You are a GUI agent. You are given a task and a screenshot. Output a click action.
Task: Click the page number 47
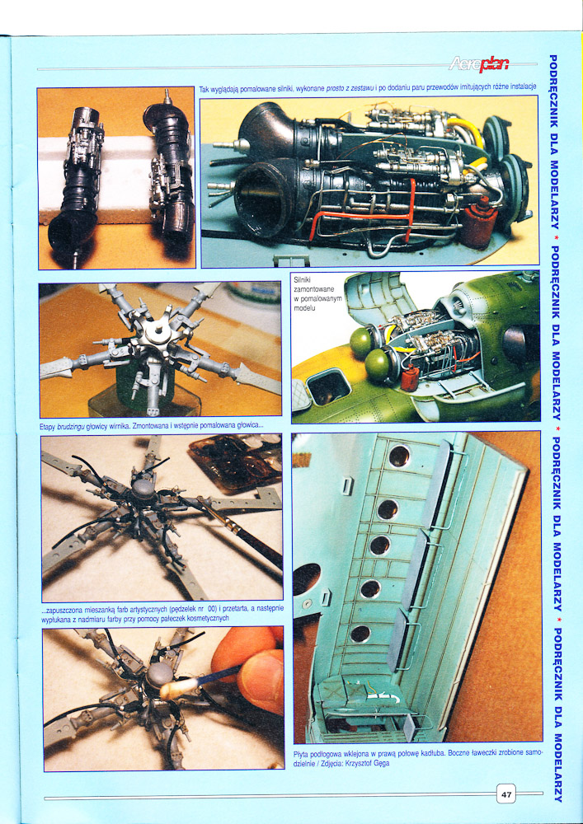click(506, 795)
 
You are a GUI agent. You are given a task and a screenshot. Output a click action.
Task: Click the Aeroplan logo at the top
click(479, 64)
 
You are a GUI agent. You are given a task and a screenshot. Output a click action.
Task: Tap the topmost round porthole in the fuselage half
click(399, 456)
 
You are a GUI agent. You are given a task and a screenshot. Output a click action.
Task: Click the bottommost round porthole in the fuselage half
click(360, 633)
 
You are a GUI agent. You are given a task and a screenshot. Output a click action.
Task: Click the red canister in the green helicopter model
click(410, 377)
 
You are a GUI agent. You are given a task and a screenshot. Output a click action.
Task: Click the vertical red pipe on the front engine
click(410, 209)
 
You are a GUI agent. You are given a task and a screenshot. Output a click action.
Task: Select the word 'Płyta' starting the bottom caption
click(302, 754)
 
